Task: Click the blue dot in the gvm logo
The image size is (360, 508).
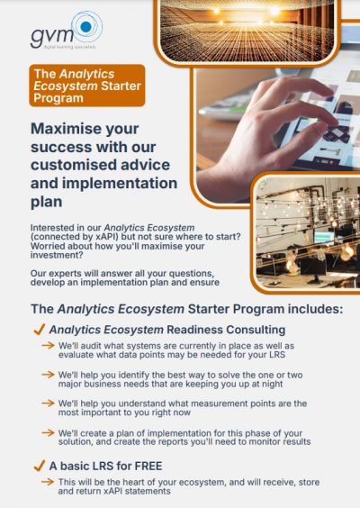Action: pyautogui.click(x=85, y=27)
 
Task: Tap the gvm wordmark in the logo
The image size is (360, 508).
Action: pyautogui.click(x=52, y=37)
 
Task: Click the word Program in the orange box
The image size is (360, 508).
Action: pyautogui.click(x=58, y=98)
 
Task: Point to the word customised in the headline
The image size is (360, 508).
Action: pyautogui.click(x=72, y=165)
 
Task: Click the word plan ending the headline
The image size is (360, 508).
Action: pyautogui.click(x=46, y=202)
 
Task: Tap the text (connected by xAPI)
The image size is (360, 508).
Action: pyautogui.click(x=75, y=237)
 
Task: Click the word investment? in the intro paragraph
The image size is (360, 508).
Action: pyautogui.click(x=57, y=255)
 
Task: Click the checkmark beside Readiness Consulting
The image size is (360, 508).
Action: pyautogui.click(x=40, y=330)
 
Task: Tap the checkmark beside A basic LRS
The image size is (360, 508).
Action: pyautogui.click(x=40, y=467)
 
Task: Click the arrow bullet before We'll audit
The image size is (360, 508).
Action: pyautogui.click(x=49, y=346)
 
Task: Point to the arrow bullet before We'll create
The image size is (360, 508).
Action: pyautogui.click(x=49, y=433)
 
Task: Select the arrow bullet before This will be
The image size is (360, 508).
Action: pyautogui.click(x=49, y=482)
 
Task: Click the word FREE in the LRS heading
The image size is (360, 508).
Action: pyautogui.click(x=148, y=466)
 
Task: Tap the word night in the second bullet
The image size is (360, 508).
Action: pyautogui.click(x=272, y=384)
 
